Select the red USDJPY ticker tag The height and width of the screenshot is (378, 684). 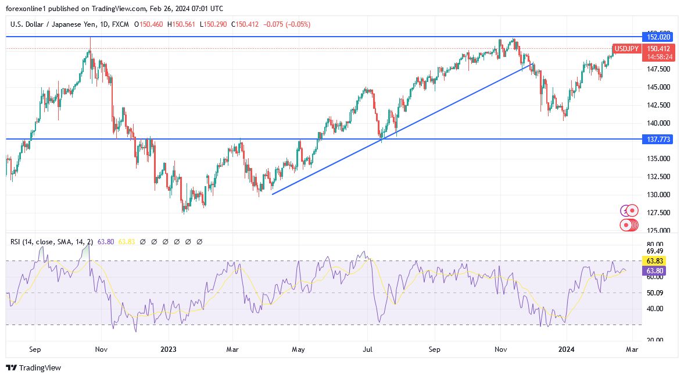[x=626, y=49]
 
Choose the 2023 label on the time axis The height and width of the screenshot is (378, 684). [x=168, y=350]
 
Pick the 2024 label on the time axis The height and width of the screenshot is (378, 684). [x=566, y=350]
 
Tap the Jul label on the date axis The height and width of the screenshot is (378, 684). [x=367, y=350]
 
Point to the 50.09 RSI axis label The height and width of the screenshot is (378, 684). [x=654, y=293]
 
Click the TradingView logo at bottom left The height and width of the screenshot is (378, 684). [x=33, y=368]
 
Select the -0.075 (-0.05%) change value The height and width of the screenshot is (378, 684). [x=287, y=24]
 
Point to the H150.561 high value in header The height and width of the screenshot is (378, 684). [x=182, y=24]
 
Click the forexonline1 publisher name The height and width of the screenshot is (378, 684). [x=26, y=8]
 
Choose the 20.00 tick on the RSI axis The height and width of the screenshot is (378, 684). [x=654, y=340]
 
